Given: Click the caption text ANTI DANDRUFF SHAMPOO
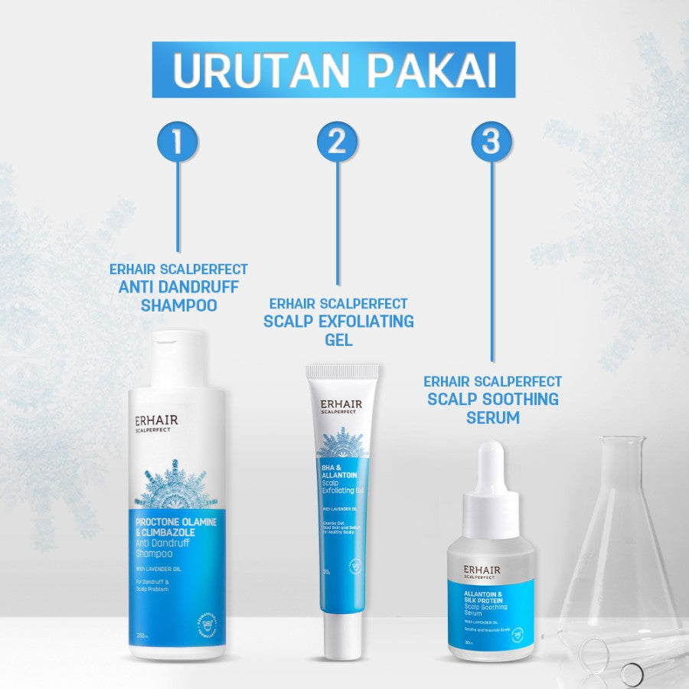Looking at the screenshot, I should click(x=179, y=296).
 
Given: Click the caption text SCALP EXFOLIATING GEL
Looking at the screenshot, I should click(x=338, y=329).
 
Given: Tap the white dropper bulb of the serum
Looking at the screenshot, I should click(x=491, y=468).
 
